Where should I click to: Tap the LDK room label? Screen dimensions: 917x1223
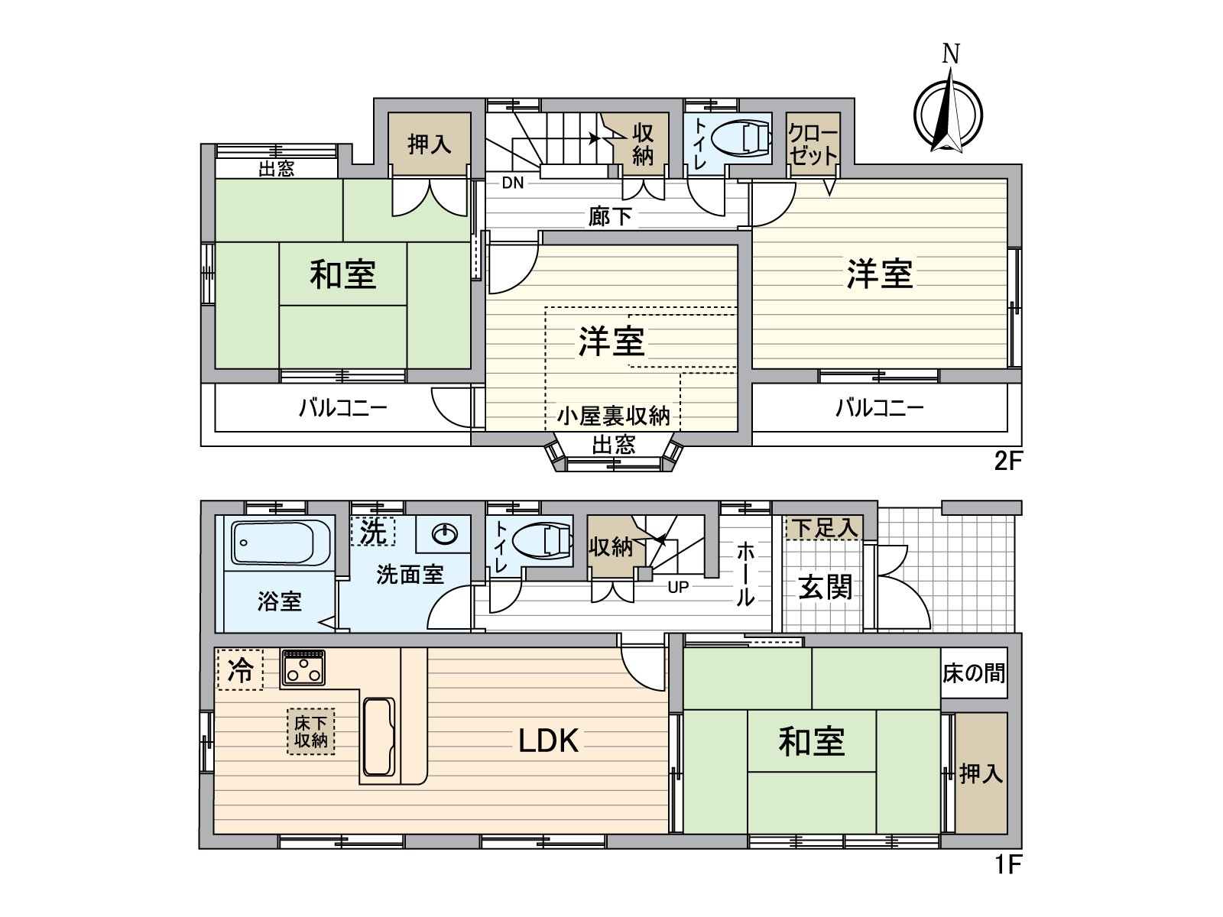[548, 740]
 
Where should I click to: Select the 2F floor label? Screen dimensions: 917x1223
[1007, 461]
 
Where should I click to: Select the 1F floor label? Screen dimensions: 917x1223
[1007, 864]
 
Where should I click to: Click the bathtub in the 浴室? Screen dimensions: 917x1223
[273, 543]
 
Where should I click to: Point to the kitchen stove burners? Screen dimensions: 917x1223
[303, 669]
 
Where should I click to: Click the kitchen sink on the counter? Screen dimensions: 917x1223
[378, 737]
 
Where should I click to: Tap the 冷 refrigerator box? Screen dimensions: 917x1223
[240, 670]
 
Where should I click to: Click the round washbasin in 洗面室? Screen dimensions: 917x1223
[444, 533]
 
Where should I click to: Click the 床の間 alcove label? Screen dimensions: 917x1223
[973, 673]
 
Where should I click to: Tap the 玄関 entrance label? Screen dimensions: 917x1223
[825, 588]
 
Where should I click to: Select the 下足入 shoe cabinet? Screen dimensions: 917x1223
[824, 527]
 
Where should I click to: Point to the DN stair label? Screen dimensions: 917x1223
[513, 183]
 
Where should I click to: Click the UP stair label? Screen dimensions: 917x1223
[678, 587]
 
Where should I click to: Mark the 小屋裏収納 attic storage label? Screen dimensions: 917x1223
[613, 416]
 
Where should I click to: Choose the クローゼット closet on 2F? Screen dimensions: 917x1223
[813, 144]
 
